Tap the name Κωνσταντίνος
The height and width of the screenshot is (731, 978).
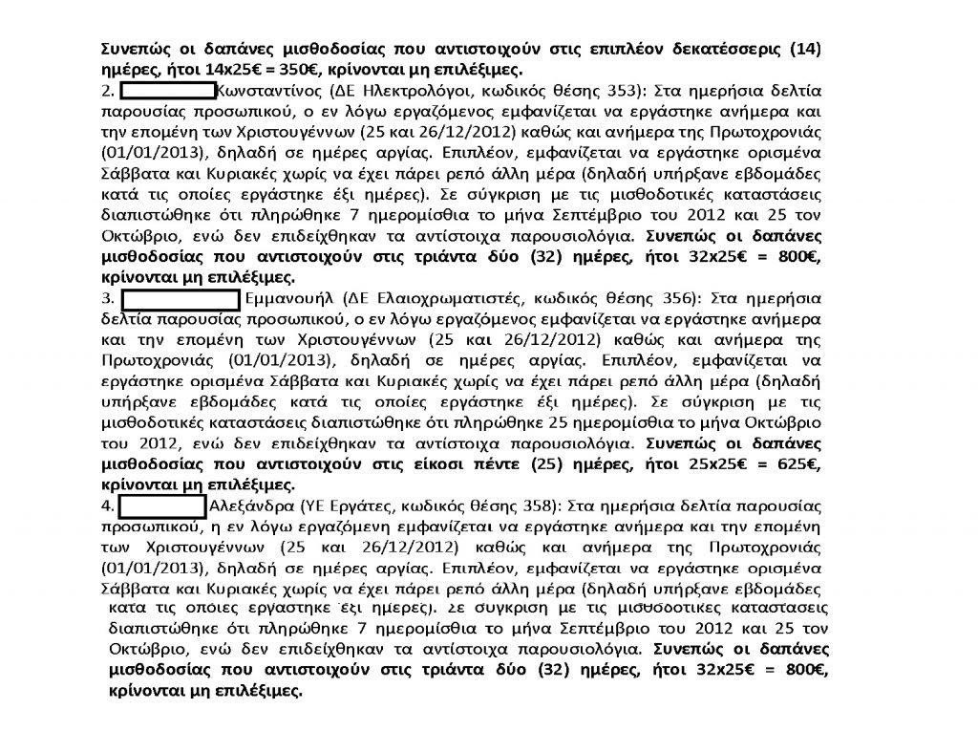[x=268, y=92]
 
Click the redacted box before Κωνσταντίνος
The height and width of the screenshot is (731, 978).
[x=168, y=92]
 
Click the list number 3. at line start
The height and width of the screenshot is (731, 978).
[x=108, y=298]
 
